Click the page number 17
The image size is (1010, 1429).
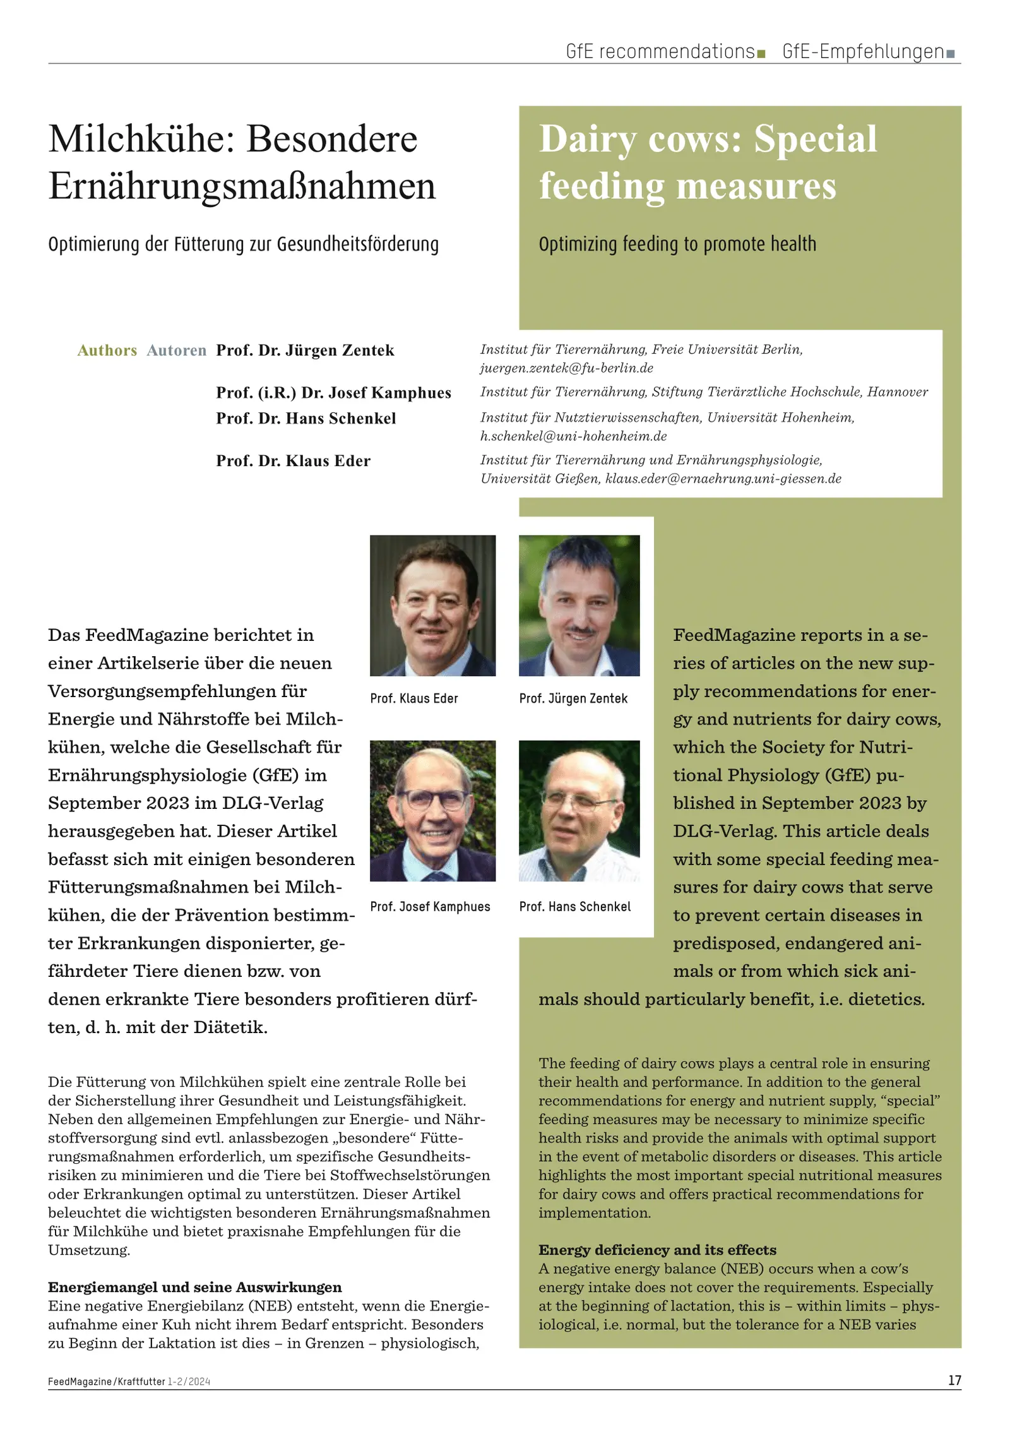click(954, 1380)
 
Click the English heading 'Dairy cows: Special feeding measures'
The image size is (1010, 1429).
click(707, 162)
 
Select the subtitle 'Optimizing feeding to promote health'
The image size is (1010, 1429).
click(677, 244)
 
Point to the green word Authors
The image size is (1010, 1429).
click(107, 350)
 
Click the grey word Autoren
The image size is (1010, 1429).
click(176, 350)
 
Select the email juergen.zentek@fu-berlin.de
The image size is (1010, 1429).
click(566, 368)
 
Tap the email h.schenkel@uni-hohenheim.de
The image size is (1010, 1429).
click(573, 436)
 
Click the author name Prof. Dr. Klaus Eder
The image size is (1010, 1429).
click(293, 461)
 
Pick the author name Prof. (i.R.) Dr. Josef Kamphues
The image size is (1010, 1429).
click(333, 393)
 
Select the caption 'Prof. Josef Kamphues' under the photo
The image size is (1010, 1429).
click(430, 907)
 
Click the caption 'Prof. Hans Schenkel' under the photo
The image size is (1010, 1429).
click(574, 907)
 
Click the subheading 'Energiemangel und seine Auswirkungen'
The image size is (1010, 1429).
click(194, 1287)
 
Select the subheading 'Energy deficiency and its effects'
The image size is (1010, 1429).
click(657, 1250)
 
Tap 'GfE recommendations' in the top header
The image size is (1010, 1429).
click(660, 52)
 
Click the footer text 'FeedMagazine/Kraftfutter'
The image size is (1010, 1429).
click(106, 1381)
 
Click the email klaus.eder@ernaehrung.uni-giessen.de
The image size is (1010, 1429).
click(723, 479)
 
